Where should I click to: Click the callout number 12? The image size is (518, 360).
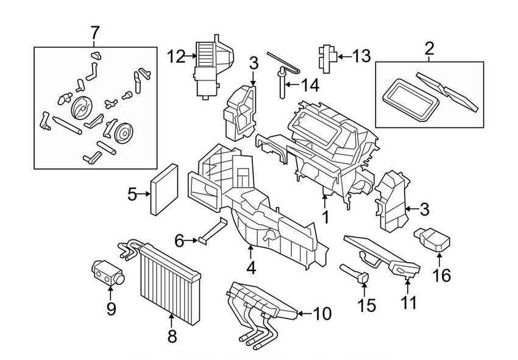(x=175, y=57)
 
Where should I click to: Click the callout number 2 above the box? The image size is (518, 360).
(x=429, y=48)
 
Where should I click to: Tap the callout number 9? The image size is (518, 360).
(x=111, y=309)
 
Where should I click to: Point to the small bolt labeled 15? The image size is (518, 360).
(x=360, y=274)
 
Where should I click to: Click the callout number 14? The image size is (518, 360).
(x=309, y=86)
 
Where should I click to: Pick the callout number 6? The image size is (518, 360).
(x=179, y=241)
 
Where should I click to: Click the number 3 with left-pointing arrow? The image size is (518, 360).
(x=425, y=210)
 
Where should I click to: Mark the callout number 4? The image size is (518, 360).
(x=250, y=267)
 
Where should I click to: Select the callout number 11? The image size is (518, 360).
(x=409, y=302)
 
